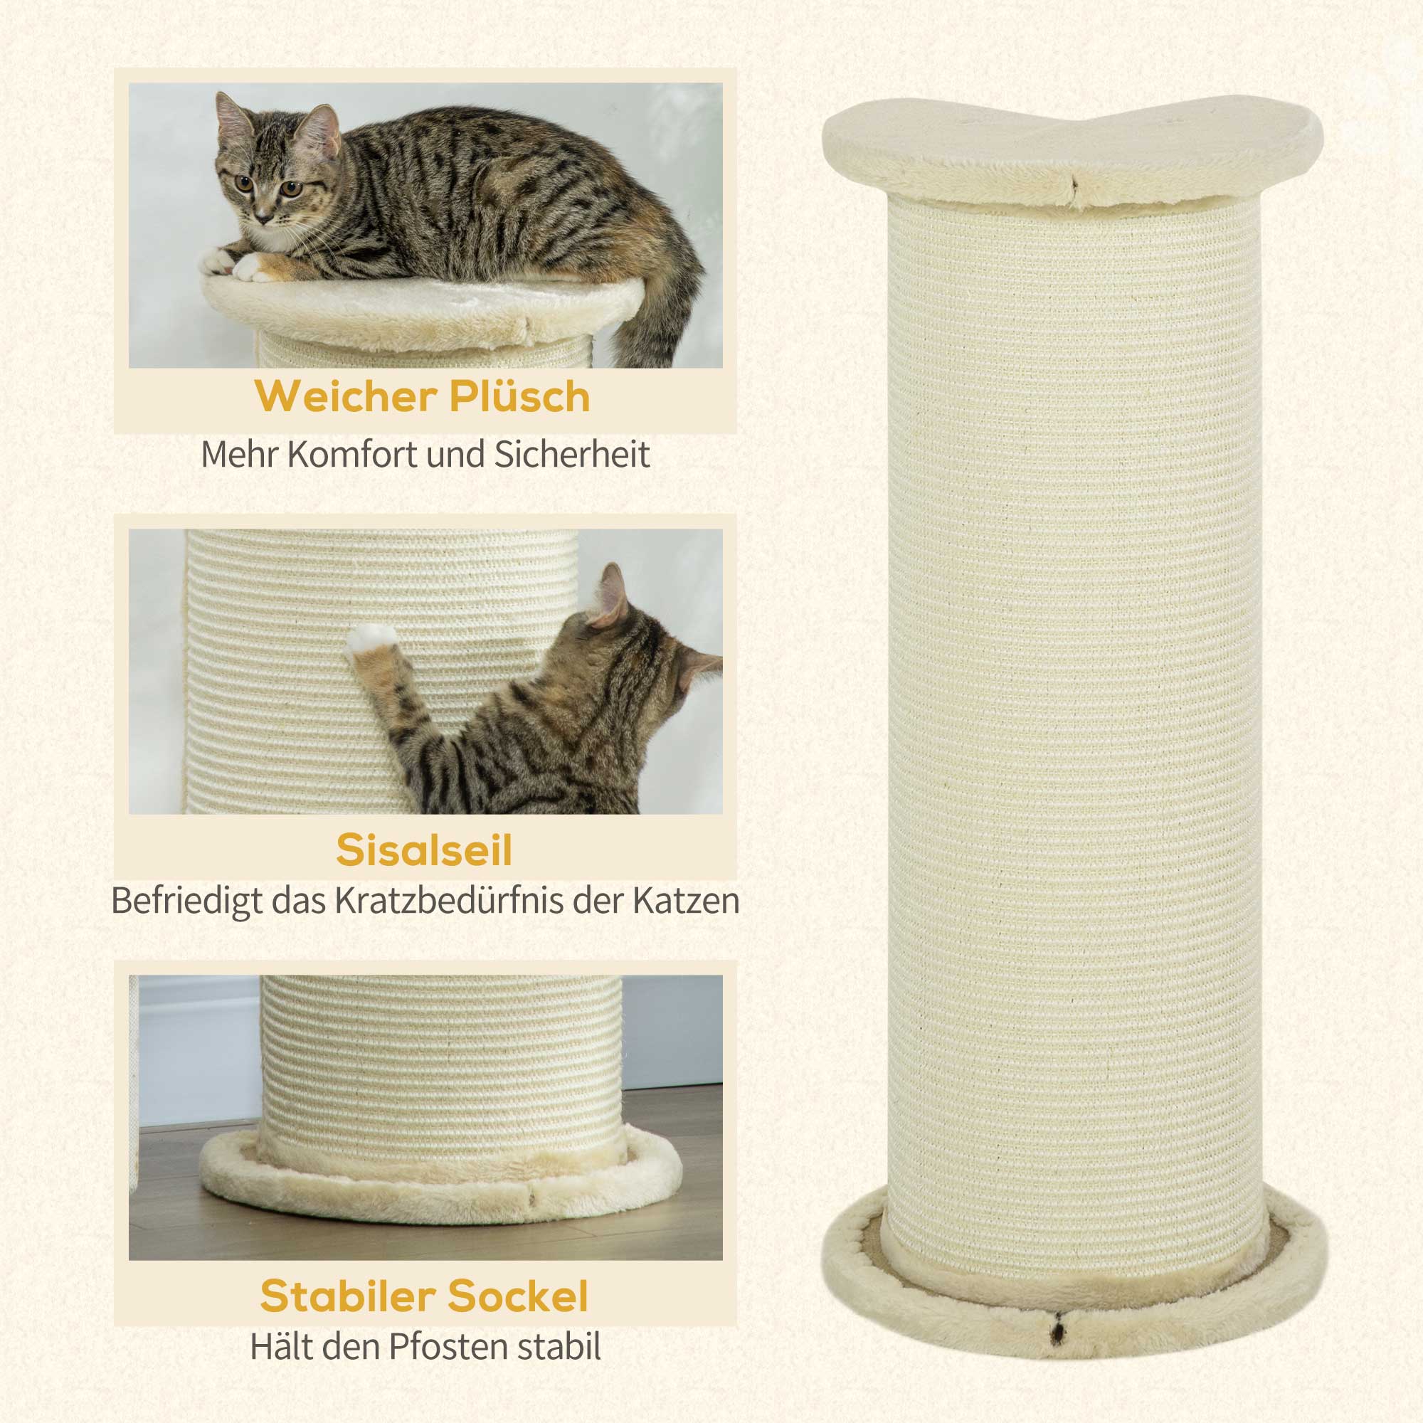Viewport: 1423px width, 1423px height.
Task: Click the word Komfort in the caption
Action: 354,455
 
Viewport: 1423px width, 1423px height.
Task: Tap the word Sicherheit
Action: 572,455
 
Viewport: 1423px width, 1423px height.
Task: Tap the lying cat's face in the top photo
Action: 269,181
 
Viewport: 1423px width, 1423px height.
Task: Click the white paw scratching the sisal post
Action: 370,641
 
